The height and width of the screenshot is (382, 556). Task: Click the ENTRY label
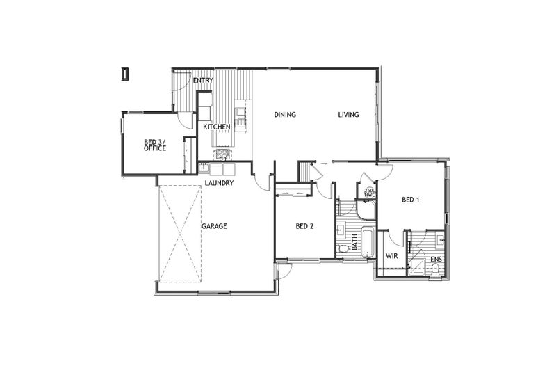point(203,81)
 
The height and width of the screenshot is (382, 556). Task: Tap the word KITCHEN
point(217,127)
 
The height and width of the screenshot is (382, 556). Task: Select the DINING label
point(285,116)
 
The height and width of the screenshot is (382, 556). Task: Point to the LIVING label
point(349,116)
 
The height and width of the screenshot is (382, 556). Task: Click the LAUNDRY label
point(219,183)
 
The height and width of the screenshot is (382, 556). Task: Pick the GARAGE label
point(215,226)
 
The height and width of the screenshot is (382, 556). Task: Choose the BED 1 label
point(411,200)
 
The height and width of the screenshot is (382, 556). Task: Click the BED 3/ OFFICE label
point(154,144)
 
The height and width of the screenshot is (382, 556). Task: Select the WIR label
point(392,256)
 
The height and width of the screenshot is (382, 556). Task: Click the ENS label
point(436,260)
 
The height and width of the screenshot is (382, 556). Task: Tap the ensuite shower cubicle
point(418,265)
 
